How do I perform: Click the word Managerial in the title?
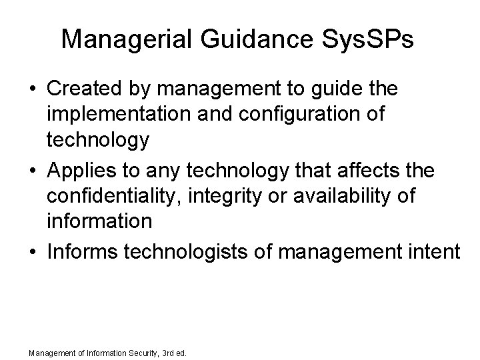[123, 39]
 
